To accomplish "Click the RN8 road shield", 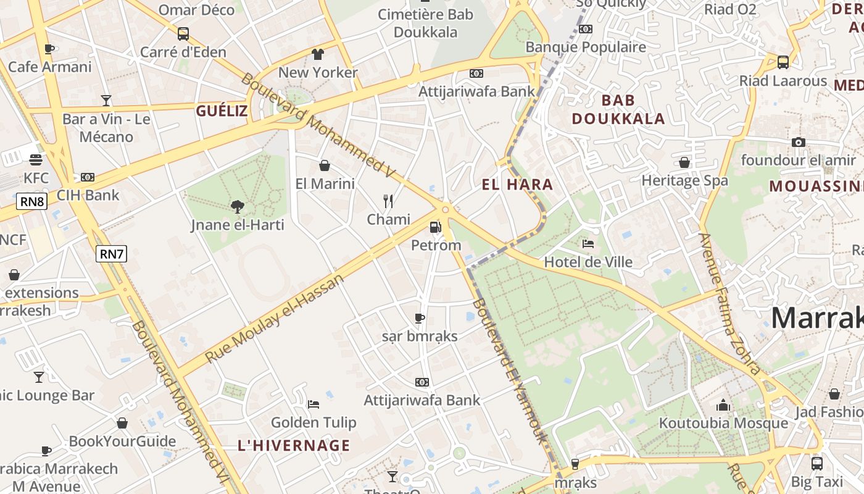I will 32,201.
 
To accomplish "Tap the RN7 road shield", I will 111,253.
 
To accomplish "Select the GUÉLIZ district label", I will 222,111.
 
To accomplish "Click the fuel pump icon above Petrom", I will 436,227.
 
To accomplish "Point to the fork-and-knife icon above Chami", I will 388,201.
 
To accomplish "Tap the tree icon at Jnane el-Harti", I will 237,207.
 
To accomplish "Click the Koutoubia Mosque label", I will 723,423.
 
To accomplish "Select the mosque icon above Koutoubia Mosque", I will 723,406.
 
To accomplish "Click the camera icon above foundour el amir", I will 799,142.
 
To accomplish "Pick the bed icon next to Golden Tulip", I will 314,404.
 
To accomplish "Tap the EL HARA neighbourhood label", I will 517,184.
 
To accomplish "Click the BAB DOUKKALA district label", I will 618,109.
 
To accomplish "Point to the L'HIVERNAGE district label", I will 294,445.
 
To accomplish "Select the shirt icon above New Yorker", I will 318,54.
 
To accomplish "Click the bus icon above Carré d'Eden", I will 183,34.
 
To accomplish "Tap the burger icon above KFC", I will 36,160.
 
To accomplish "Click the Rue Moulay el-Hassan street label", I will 275,319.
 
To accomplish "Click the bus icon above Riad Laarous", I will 783,62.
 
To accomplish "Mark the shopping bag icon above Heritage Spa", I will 684,162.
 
